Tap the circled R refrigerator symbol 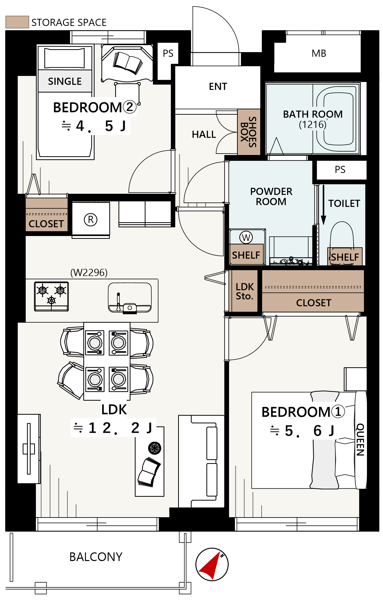91,219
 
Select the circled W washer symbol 246,238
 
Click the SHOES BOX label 248,132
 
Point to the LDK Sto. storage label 245,291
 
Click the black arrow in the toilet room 323,205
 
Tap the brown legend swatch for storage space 17,22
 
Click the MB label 319,53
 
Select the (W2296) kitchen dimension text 89,272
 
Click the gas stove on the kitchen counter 51,296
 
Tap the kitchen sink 130,297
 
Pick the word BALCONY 96,557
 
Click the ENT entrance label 218,86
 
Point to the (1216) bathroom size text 313,125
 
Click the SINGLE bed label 65,81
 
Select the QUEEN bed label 360,439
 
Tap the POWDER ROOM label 271,197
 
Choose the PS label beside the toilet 340,169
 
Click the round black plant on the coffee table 155,448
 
